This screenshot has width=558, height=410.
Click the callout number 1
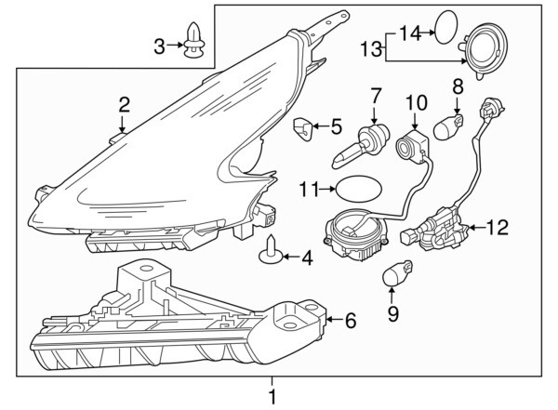tap(272, 397)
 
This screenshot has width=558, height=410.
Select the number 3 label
tap(159, 45)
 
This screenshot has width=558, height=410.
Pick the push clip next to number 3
tap(195, 40)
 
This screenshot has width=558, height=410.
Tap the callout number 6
tap(350, 321)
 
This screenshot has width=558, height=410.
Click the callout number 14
tap(410, 33)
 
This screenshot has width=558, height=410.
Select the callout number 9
tap(392, 314)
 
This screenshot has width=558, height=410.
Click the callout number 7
tap(377, 95)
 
